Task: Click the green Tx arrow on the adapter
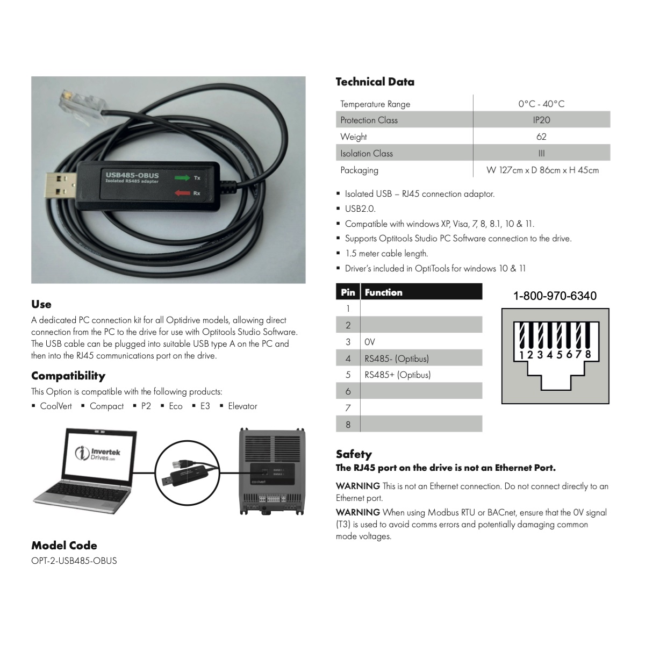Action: pyautogui.click(x=182, y=177)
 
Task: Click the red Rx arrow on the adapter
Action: pyautogui.click(x=182, y=193)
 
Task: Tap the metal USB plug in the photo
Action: pyautogui.click(x=61, y=186)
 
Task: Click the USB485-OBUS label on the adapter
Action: pyautogui.click(x=132, y=175)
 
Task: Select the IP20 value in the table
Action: pyautogui.click(x=541, y=120)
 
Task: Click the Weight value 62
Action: pyautogui.click(x=541, y=137)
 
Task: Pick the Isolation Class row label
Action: pyautogui.click(x=367, y=153)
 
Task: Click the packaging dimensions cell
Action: pyautogui.click(x=542, y=170)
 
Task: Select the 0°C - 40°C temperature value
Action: pyautogui.click(x=541, y=104)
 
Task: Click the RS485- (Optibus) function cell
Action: pyautogui.click(x=397, y=359)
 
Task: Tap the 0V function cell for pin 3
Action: pyautogui.click(x=370, y=342)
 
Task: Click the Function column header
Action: pyautogui.click(x=384, y=292)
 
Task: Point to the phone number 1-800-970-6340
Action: pyautogui.click(x=555, y=296)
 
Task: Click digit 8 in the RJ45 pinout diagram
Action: pyautogui.click(x=588, y=354)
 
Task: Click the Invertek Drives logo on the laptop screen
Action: pyautogui.click(x=98, y=454)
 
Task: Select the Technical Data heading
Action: pyautogui.click(x=375, y=82)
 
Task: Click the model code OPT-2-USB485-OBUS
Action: pyautogui.click(x=74, y=561)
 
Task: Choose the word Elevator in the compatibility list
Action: pyautogui.click(x=242, y=406)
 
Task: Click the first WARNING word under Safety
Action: pyautogui.click(x=358, y=486)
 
